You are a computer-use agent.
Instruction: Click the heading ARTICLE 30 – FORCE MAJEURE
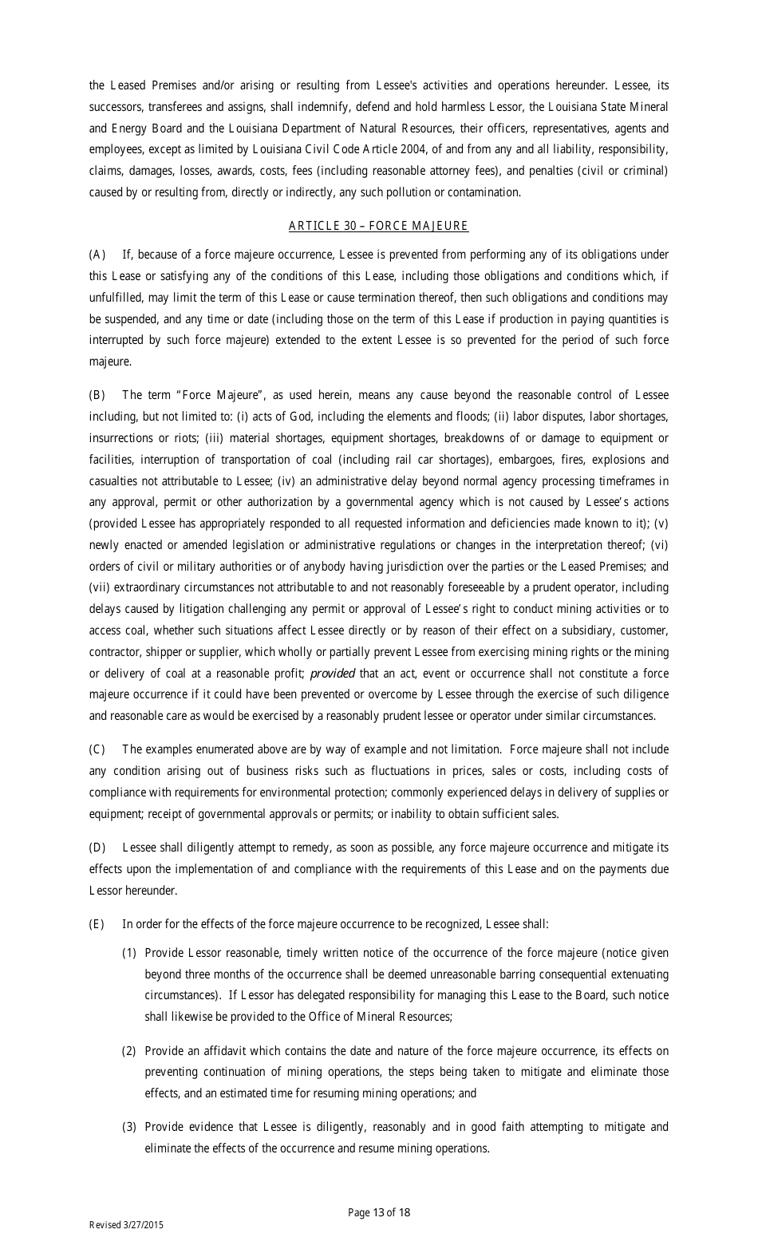378,226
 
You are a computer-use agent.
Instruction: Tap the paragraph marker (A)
97,255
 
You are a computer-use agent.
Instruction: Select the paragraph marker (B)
97,395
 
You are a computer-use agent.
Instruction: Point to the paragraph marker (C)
97,749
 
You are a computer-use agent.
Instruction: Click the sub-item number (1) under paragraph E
129,953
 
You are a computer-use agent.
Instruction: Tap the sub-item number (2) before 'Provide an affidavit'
129,1050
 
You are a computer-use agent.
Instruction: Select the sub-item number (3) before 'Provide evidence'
129,1127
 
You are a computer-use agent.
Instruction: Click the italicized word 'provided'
332,674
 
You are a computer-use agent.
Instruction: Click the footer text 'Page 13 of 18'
379,1212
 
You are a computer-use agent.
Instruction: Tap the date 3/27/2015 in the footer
144,1225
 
